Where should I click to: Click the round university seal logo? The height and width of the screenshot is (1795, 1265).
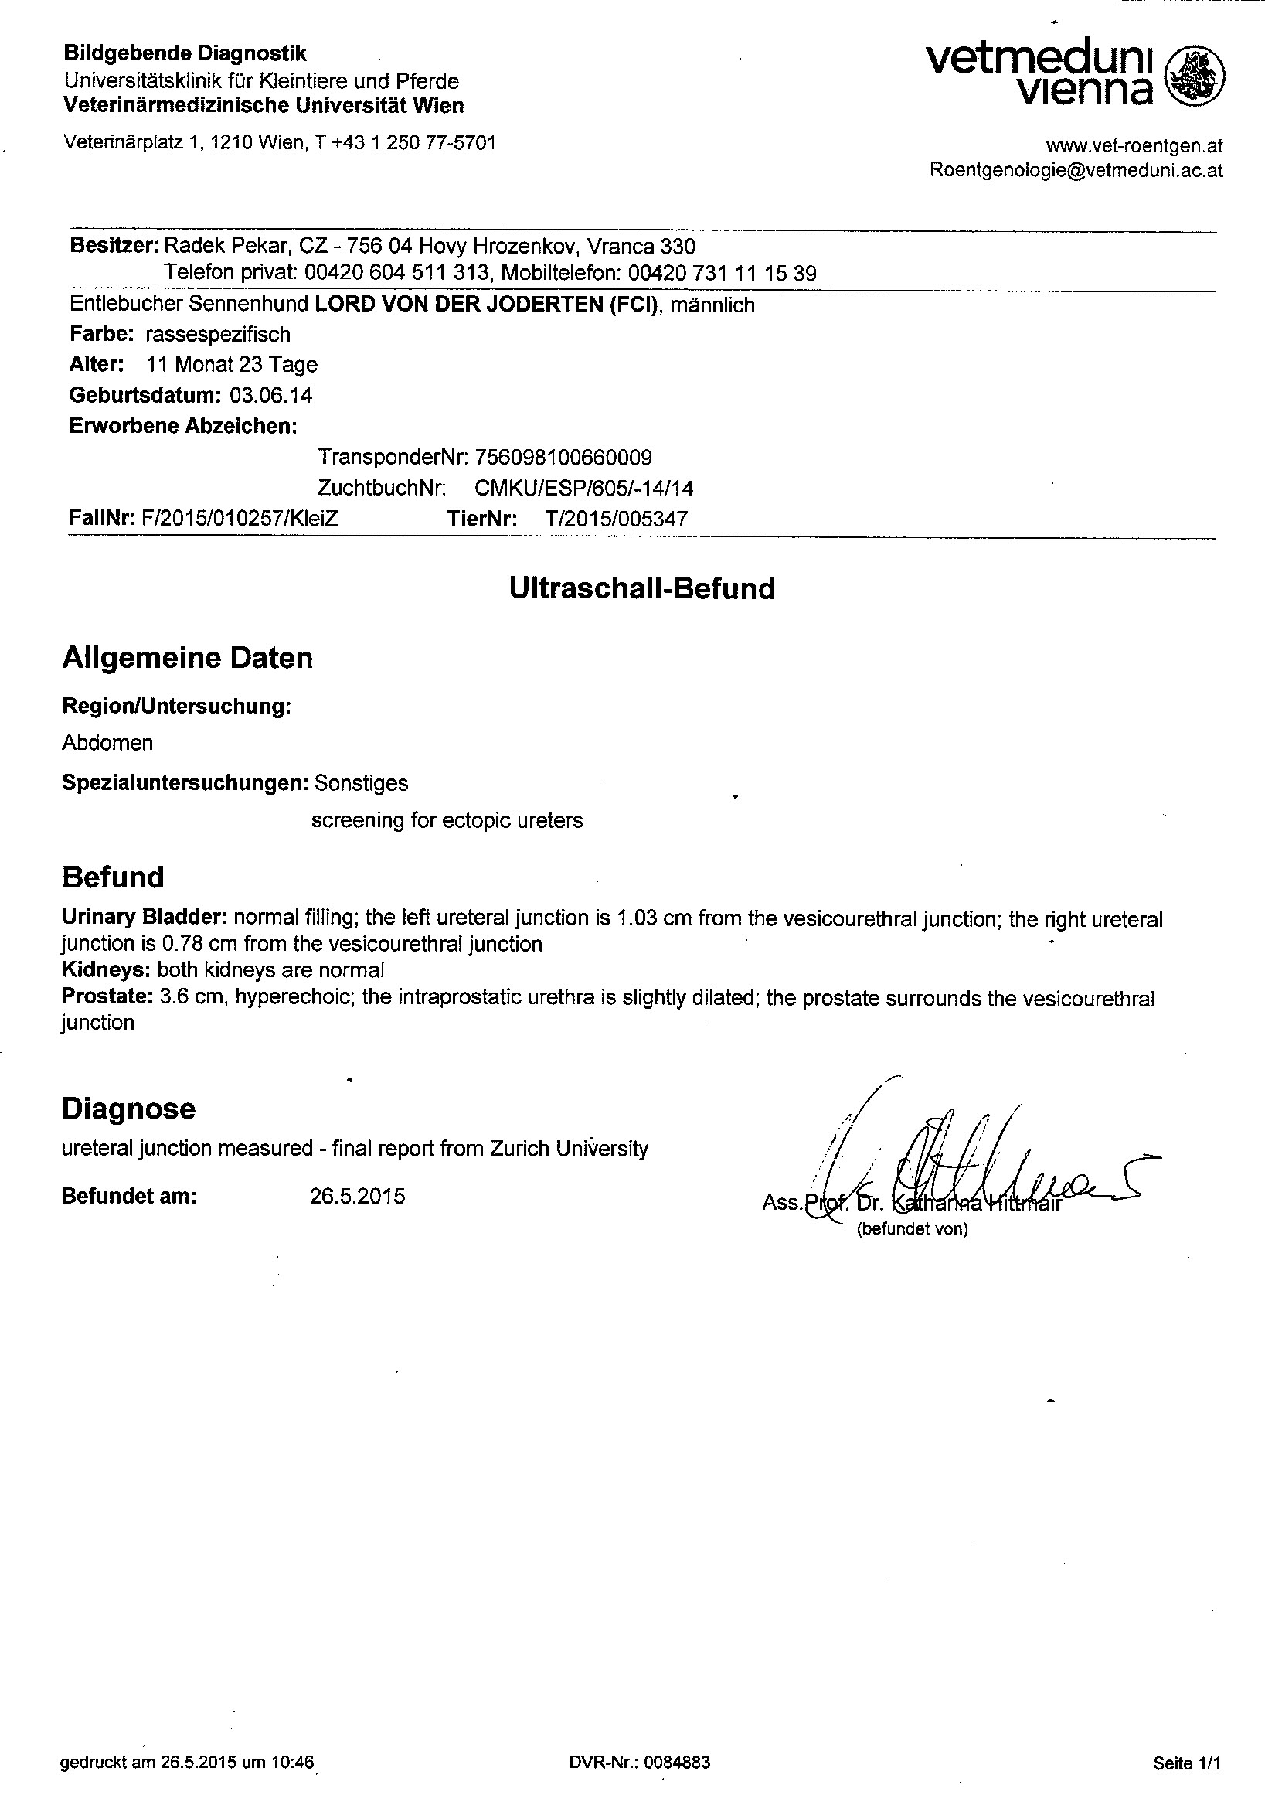point(1195,77)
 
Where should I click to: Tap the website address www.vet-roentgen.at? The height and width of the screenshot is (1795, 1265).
point(1134,145)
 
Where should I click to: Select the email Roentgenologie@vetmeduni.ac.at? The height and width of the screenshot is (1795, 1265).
point(1076,170)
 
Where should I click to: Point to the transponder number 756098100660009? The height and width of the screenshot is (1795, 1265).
point(563,458)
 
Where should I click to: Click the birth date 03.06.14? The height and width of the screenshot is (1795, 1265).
point(270,396)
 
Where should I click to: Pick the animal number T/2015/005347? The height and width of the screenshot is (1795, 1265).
point(617,519)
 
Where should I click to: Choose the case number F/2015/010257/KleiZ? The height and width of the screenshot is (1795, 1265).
point(239,519)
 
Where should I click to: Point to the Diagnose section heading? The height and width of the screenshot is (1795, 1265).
point(129,1109)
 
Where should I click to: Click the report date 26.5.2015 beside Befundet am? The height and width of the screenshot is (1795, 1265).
point(357,1197)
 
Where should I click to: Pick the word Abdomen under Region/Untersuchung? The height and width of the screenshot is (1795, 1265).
point(108,743)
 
